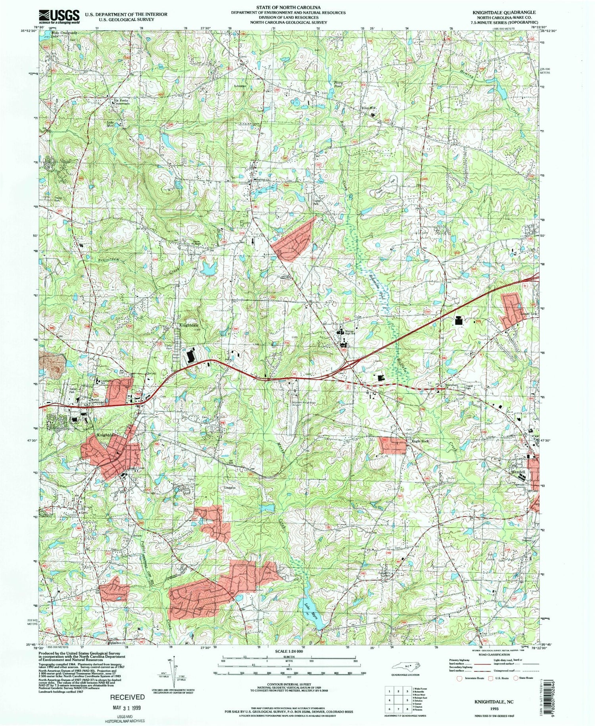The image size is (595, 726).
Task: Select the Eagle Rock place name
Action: [x=420, y=441]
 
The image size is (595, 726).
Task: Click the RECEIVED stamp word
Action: [x=127, y=697]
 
